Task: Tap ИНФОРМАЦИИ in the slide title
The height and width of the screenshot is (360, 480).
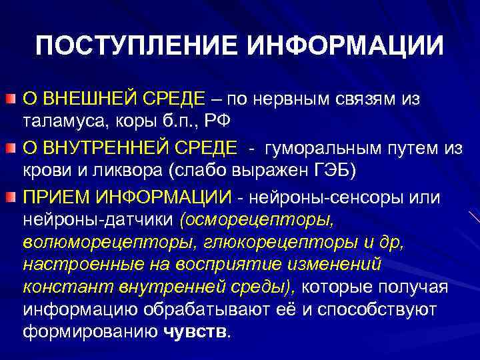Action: pos(345,46)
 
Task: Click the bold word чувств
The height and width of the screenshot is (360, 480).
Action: pos(195,333)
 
